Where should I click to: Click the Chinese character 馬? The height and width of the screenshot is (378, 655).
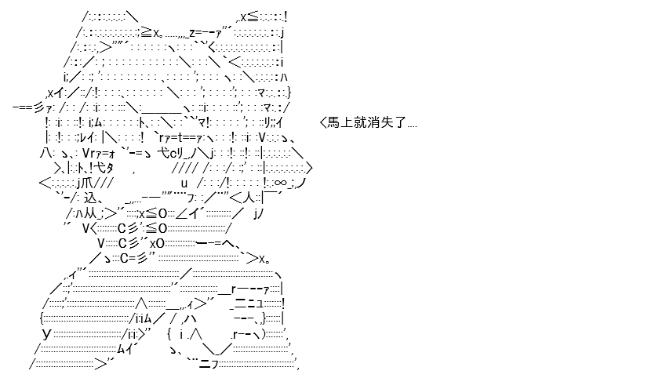coord(333,122)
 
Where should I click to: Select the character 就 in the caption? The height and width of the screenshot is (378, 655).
coord(360,122)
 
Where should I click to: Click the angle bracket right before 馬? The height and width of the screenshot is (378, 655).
coord(322,122)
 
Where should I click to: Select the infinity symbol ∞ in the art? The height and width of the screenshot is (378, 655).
coord(281,182)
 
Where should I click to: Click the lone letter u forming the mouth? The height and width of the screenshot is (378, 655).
coord(184,184)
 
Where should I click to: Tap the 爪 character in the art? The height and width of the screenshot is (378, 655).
coord(87,183)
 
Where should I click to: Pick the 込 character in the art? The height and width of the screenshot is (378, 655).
coord(91,198)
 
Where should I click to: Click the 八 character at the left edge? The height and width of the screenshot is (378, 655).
coord(46,152)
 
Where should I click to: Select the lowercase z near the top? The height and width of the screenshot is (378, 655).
coord(191,33)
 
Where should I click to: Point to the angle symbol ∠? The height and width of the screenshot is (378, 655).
coord(181,213)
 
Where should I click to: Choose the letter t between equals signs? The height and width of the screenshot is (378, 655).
coord(180,137)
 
